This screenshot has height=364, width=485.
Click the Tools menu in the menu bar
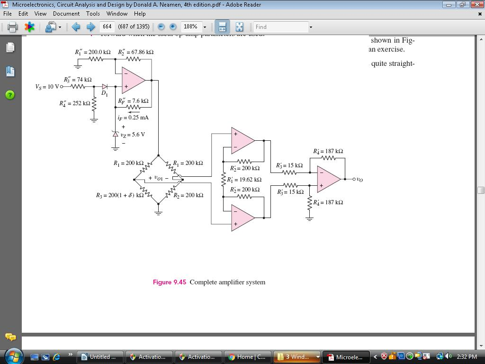93,14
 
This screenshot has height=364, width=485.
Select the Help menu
140,14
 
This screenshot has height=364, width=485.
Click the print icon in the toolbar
13,27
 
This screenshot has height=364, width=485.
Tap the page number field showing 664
107,27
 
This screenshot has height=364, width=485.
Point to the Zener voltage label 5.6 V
133,135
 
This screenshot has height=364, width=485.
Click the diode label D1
104,94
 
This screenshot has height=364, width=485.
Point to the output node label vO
359,180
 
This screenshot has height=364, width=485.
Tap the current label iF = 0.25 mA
133,118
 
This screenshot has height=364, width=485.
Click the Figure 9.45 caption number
169,282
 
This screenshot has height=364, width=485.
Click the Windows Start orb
13,356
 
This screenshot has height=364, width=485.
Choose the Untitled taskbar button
100,357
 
